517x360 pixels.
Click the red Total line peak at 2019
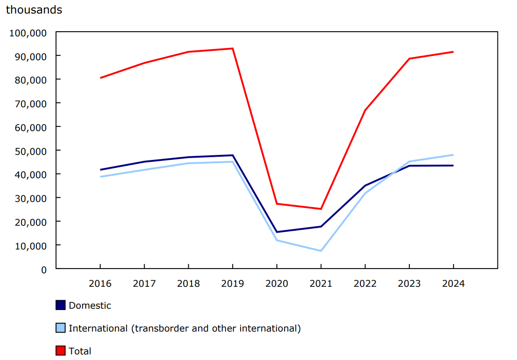232,48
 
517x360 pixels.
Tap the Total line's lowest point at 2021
321,209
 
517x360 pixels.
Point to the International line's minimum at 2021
321,251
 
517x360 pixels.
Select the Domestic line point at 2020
276,232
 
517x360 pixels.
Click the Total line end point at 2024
453,52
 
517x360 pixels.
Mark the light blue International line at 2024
453,155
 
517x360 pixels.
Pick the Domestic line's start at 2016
100,170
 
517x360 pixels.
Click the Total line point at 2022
365,110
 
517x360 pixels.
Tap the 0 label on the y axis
44,270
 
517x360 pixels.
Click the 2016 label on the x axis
100,284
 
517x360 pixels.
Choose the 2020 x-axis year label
276,284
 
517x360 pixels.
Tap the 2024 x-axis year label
453,284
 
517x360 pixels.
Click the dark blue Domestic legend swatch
61,305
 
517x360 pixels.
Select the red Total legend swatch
61,351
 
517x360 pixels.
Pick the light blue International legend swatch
61,328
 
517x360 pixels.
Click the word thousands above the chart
34,10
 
